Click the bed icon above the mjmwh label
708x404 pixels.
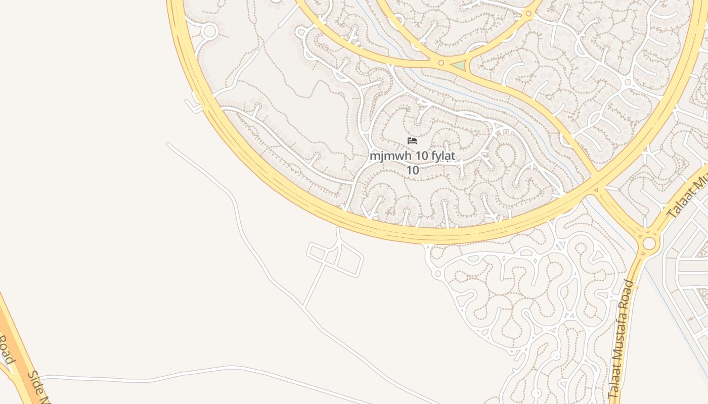[412, 141]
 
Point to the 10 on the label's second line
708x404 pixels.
[413, 170]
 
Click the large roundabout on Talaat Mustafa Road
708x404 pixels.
[649, 244]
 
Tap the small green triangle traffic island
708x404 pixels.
[459, 66]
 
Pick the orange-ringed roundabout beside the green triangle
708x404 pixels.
[441, 63]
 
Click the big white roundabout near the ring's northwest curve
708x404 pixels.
[209, 31]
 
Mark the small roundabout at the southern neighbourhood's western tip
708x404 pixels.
[437, 273]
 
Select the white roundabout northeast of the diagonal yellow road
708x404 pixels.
[628, 82]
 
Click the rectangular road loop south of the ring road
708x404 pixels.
[335, 259]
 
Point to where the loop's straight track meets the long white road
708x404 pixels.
[303, 306]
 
